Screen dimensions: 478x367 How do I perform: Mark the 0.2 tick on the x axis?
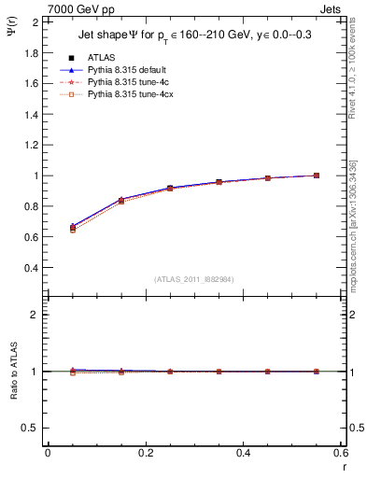(145, 453)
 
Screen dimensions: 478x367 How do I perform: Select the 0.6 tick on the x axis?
(340, 453)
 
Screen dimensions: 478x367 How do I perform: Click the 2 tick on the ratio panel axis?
(35, 315)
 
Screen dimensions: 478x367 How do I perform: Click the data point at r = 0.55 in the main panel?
(317, 176)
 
